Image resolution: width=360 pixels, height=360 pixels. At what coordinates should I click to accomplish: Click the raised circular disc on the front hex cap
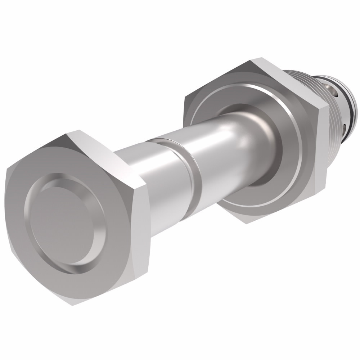(61, 220)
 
